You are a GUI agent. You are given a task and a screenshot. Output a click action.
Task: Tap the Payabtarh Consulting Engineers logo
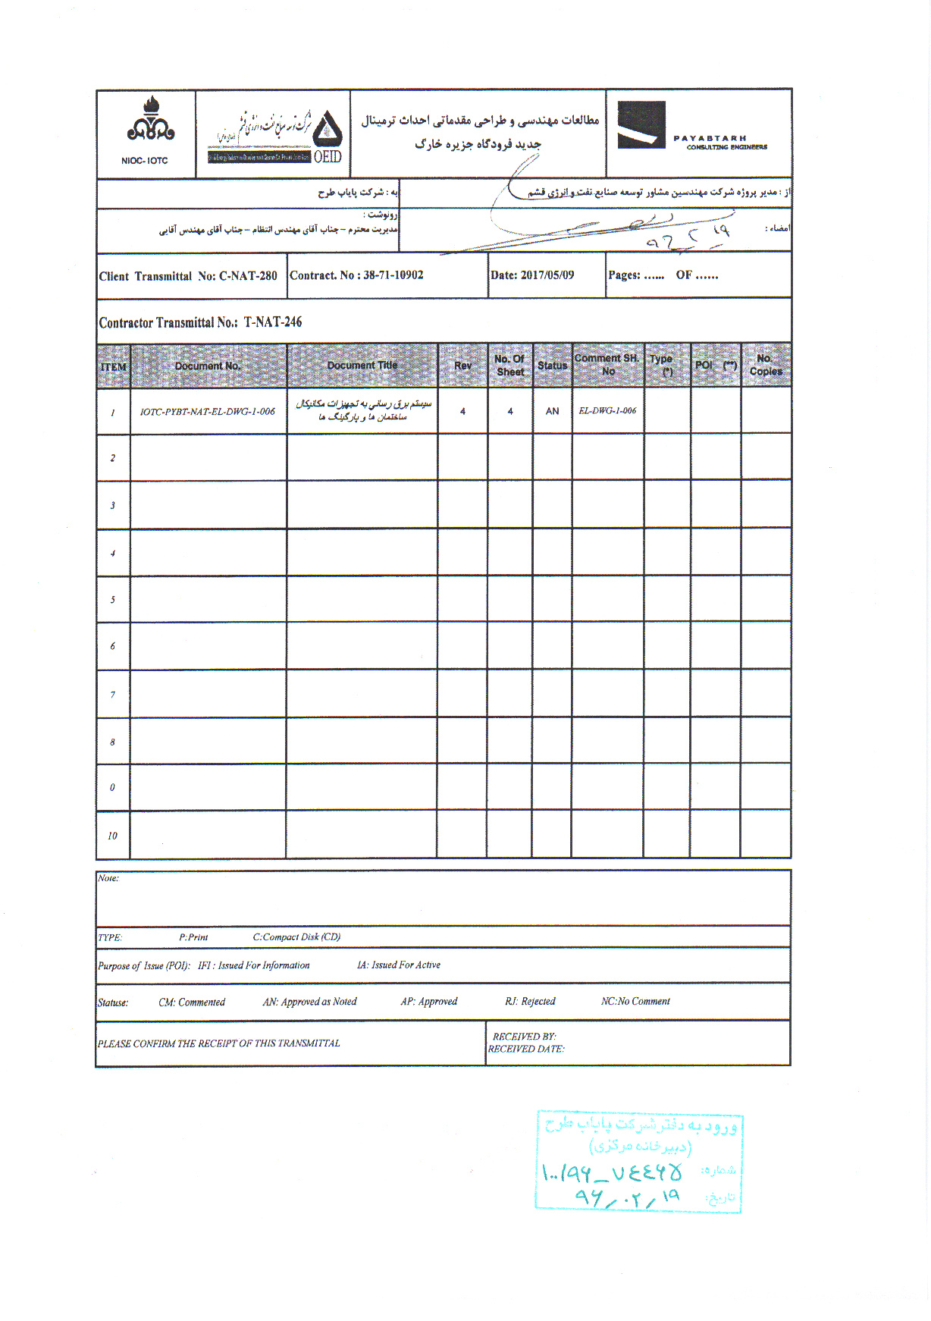tap(691, 129)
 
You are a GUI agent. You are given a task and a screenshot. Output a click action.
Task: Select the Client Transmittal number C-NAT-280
tap(248, 276)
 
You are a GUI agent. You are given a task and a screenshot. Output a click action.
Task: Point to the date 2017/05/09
tap(547, 275)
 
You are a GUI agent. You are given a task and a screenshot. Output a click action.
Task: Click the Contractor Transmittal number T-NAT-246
tap(272, 322)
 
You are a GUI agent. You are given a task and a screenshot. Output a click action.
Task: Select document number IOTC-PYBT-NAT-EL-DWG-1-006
tap(207, 412)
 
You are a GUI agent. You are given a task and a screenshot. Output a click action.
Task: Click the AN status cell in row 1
tap(552, 411)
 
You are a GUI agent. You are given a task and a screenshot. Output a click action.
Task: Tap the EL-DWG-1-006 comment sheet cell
tap(607, 411)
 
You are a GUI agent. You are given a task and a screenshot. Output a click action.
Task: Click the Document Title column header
tap(362, 366)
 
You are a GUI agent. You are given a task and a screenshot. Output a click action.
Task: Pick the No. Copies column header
tap(765, 365)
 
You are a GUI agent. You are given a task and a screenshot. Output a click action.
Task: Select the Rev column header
tap(462, 366)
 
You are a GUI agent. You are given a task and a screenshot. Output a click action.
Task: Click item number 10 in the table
tap(112, 836)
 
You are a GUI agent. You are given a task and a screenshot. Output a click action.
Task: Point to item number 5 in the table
tap(113, 600)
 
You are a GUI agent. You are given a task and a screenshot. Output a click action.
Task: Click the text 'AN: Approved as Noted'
tap(309, 1002)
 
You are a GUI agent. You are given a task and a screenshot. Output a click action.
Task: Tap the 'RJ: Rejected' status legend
tap(530, 1002)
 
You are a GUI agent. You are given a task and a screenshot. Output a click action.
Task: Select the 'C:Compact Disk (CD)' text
tap(296, 937)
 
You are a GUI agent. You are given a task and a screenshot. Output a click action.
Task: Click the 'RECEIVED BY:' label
tap(524, 1037)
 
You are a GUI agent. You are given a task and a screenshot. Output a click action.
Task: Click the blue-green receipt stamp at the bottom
tap(638, 1162)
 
